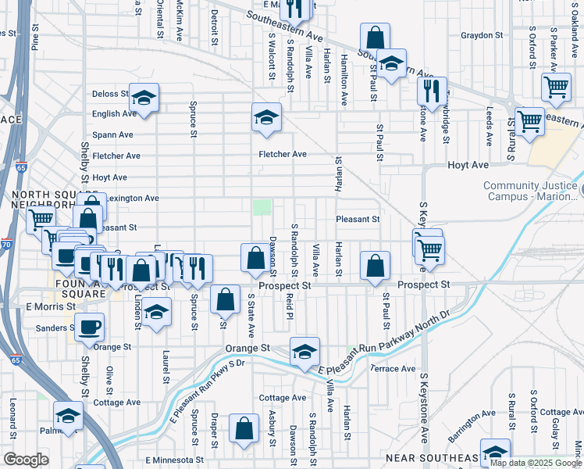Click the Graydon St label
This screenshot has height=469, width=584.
click(481, 35)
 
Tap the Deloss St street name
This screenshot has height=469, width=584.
click(110, 94)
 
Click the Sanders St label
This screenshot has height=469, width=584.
click(51, 328)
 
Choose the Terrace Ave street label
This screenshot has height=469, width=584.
click(393, 368)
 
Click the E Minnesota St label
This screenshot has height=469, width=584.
click(174, 460)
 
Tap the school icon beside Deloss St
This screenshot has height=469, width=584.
click(144, 97)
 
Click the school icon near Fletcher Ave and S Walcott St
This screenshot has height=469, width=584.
click(266, 117)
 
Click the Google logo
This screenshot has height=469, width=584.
click(26, 460)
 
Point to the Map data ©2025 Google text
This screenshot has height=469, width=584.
click(534, 463)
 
